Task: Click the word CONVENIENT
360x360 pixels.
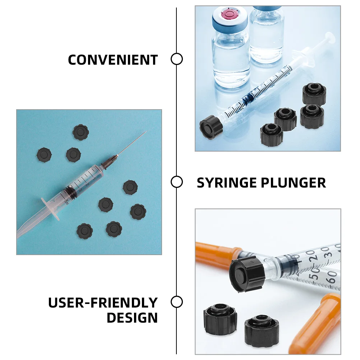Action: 113,60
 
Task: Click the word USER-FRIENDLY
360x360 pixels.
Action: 103,303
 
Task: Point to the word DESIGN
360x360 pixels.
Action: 132,318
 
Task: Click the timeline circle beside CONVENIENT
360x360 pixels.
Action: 177,59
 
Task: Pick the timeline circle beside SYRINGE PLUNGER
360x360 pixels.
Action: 177,182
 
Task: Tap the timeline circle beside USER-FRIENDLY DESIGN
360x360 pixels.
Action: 177,302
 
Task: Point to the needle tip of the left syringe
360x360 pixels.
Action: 146,132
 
